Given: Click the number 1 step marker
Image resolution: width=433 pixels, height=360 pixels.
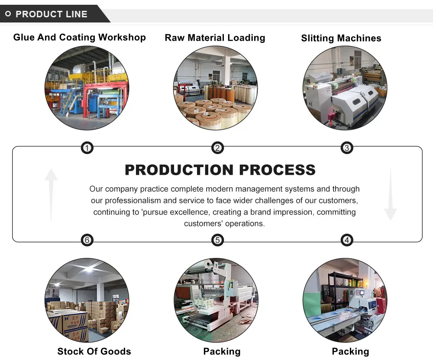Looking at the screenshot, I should (87, 148).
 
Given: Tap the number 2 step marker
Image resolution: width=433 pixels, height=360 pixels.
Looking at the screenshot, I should (217, 148).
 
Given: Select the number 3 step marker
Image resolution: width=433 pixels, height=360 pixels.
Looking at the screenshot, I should (346, 148).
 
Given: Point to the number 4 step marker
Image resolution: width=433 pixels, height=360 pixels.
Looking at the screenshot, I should (346, 240).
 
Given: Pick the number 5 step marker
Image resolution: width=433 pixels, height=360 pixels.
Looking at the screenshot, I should (217, 240).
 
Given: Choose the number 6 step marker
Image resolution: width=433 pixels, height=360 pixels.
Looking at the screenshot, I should (87, 240).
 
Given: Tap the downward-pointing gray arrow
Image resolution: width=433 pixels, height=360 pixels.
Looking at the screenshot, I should (390, 195).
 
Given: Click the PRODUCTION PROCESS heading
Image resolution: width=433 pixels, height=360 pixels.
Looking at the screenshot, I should (220, 170).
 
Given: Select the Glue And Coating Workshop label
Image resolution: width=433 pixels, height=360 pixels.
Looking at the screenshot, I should (79, 37).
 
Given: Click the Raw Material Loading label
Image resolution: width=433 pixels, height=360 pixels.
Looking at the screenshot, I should (215, 38).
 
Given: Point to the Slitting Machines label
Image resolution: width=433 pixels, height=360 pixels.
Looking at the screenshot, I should (341, 38).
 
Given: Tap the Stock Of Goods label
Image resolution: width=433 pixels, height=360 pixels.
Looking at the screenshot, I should (94, 351).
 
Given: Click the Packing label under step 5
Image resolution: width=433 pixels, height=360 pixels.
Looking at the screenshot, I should (222, 351).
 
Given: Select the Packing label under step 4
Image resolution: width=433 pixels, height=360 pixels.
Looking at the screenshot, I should (350, 351).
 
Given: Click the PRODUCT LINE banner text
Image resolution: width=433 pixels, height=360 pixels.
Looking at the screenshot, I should (51, 14).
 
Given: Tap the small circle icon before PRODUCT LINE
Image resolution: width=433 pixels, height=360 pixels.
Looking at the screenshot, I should (8, 14).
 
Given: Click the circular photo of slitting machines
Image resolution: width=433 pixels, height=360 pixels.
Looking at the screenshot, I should (345, 88).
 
